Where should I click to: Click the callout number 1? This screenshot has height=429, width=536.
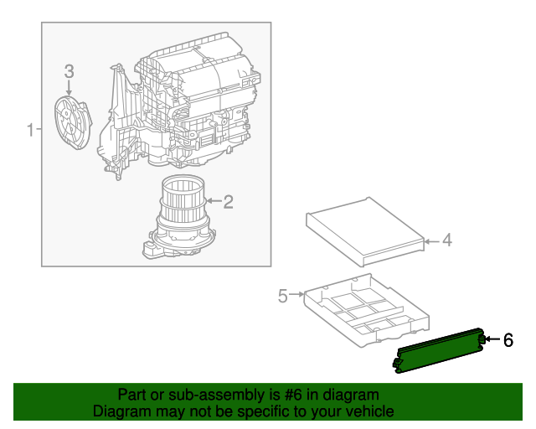30,130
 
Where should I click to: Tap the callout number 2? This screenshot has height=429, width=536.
227,201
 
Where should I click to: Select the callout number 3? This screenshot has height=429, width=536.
70,71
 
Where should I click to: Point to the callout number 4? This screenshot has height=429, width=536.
446,240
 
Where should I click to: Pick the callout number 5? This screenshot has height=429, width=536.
282,295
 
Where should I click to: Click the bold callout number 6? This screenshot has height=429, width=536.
507,339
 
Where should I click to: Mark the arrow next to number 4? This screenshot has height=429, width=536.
430,241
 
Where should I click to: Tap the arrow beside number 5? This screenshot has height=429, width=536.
296,295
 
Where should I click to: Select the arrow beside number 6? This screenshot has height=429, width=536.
492,339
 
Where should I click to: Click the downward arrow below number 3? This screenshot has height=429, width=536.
70,88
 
